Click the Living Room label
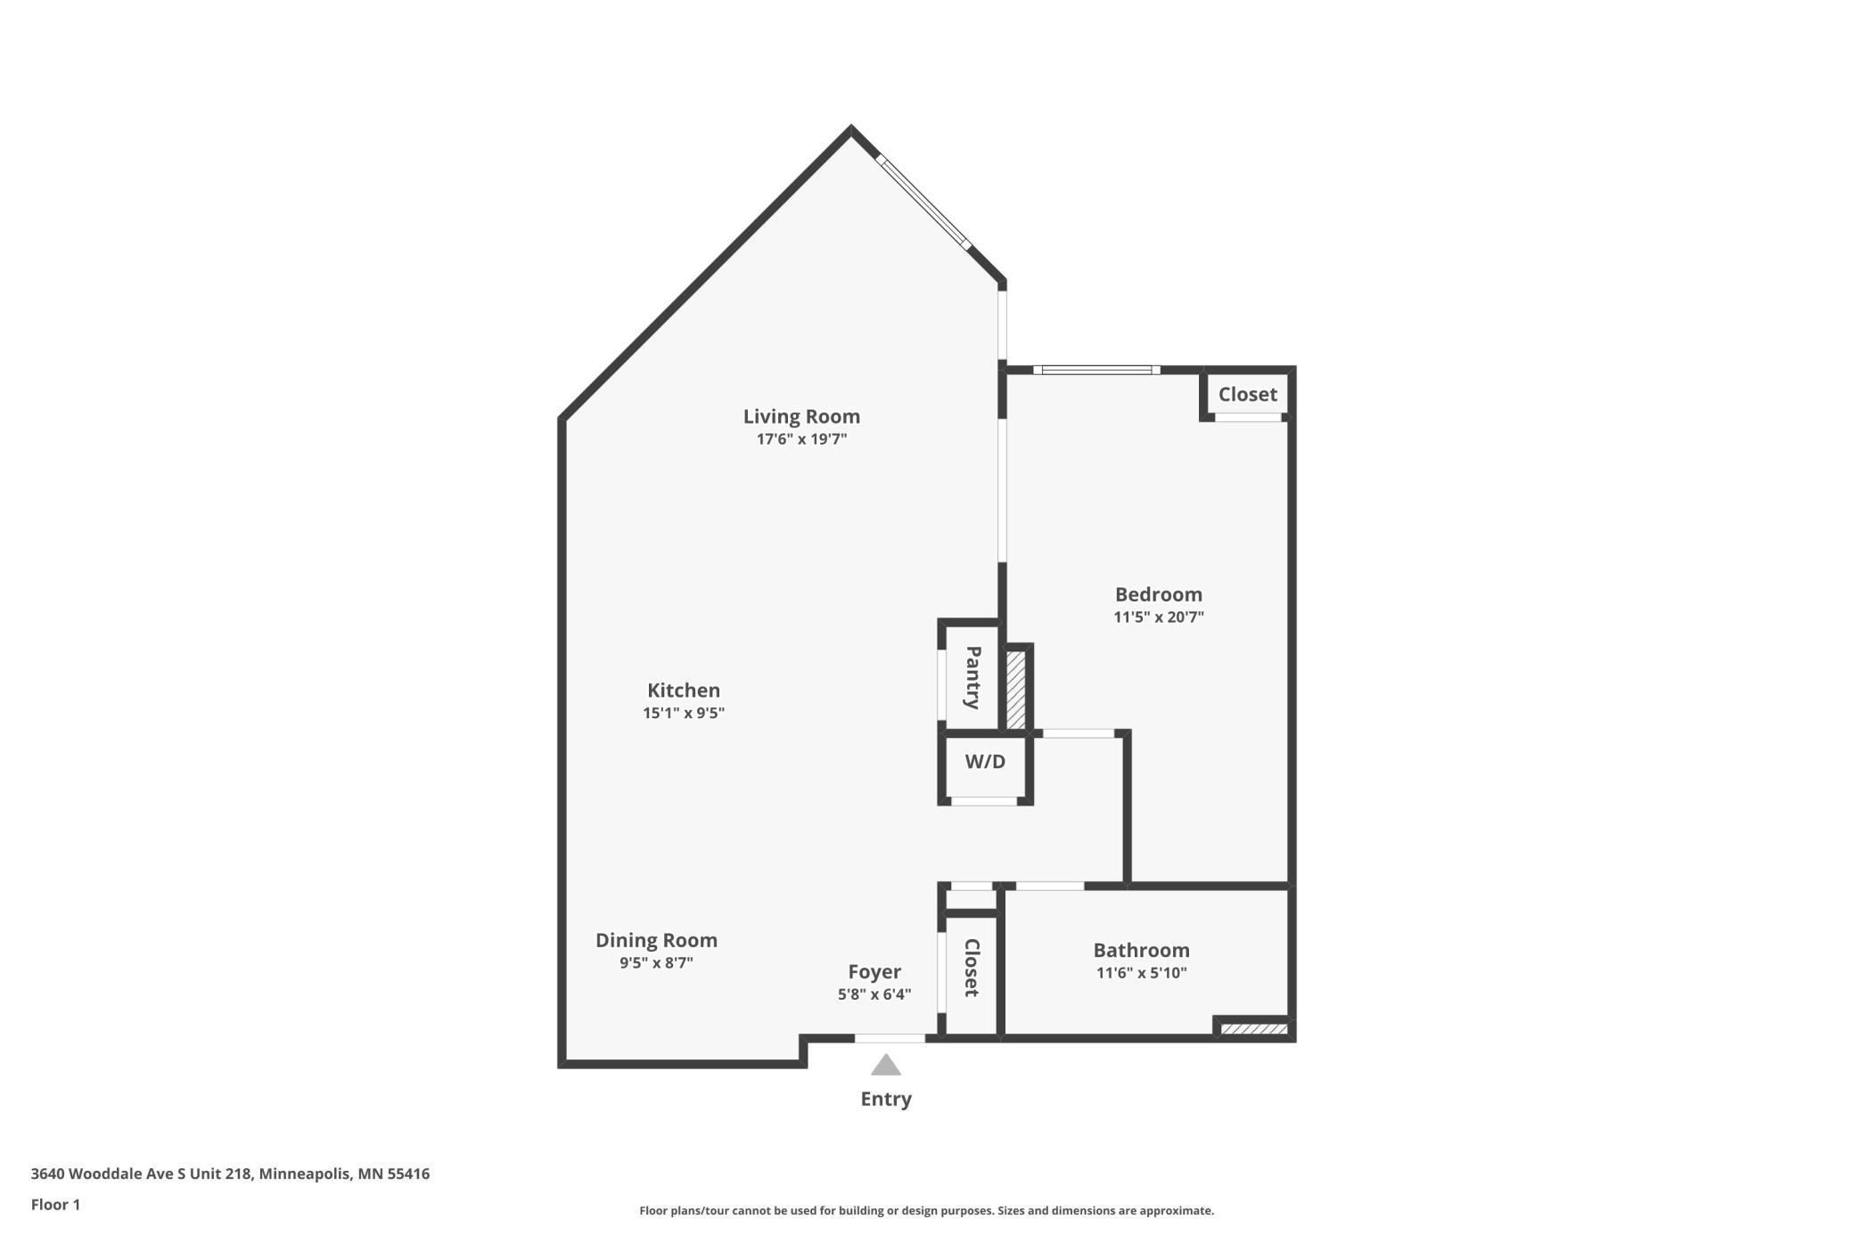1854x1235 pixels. point(801,416)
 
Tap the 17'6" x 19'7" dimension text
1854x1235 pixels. point(801,439)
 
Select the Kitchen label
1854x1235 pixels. point(684,691)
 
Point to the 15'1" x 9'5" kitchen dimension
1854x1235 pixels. point(684,713)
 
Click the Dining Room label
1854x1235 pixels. point(656,940)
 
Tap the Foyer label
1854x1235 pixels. point(874,972)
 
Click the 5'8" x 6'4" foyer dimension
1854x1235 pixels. point(874,994)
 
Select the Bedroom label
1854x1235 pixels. point(1159,594)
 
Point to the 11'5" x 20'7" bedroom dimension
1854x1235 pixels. point(1159,617)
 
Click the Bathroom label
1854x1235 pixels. point(1142,950)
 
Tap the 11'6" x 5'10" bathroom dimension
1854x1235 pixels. point(1142,973)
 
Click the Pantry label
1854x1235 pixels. point(973,678)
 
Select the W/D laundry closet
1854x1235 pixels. point(985,763)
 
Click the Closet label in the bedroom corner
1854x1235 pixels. point(1248,394)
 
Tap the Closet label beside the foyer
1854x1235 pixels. point(972,968)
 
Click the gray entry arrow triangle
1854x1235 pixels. point(886,1066)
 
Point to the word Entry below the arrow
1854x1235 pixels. point(886,1100)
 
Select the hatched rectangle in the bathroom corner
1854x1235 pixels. point(1254,1029)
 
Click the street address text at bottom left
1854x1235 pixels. point(230,1174)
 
